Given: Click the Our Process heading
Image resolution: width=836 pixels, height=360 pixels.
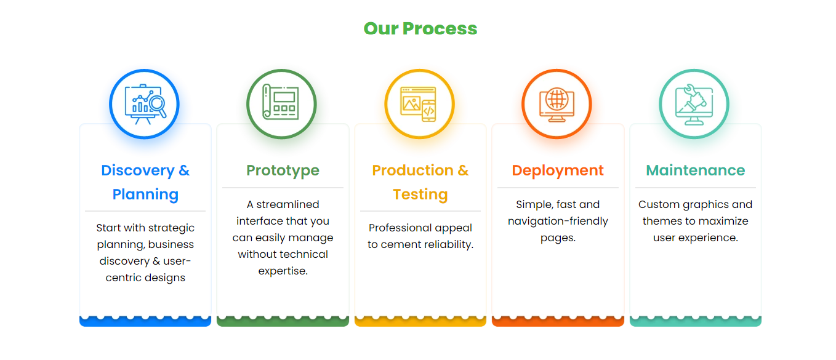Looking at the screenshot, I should [420, 28].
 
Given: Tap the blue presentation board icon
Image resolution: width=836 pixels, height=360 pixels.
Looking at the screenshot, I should [145, 103].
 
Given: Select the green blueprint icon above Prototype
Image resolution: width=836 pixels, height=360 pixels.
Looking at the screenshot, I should [282, 103].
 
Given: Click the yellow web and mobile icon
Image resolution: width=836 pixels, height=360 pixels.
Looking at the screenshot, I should [419, 103].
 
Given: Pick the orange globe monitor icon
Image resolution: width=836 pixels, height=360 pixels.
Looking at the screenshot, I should [557, 103].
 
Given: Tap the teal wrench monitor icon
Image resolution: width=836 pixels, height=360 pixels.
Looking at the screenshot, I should [694, 103].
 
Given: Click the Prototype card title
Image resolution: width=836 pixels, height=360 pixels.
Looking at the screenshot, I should [283, 170].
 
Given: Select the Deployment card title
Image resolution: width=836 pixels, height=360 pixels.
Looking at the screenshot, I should [558, 170].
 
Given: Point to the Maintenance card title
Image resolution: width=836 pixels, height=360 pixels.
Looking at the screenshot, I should [695, 170].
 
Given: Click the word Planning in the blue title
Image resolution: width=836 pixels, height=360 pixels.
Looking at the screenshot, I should [145, 194].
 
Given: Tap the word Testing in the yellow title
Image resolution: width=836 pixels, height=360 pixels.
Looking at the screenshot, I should [420, 194].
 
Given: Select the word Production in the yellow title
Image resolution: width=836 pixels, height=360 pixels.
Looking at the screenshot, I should [413, 170].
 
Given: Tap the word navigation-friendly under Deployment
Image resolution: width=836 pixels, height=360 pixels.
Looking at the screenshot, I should [558, 221].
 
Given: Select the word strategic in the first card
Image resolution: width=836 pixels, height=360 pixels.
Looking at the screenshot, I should [171, 228].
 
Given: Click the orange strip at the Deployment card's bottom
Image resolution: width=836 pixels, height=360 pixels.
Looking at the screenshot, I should [558, 322].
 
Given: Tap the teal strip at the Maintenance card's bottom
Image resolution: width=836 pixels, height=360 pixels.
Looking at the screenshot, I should [695, 322].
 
